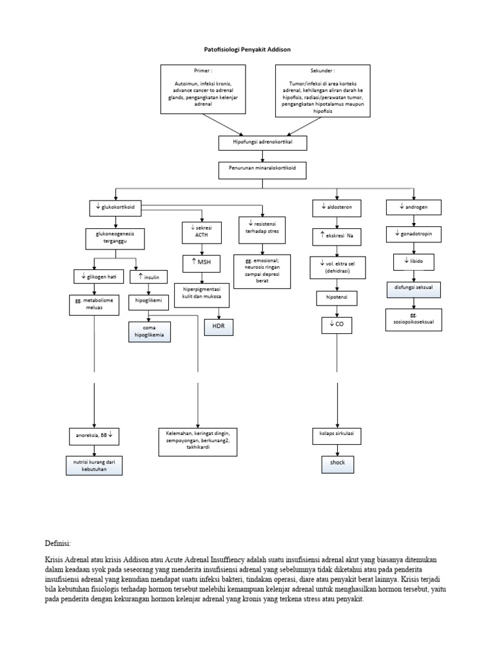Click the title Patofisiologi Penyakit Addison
247,49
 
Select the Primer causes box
203,89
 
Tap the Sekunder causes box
323,90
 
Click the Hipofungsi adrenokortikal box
263,142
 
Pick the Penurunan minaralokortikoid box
262,170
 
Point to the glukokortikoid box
115,208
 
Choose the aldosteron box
336,208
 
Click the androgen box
414,208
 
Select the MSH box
202,263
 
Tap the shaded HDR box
218,327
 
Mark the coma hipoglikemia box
150,332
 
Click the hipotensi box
336,298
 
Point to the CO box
336,325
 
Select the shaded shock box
338,464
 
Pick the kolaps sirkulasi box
336,436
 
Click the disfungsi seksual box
414,289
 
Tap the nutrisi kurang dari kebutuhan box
94,465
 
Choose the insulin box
149,277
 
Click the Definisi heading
58,543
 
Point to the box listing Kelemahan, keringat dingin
198,442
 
